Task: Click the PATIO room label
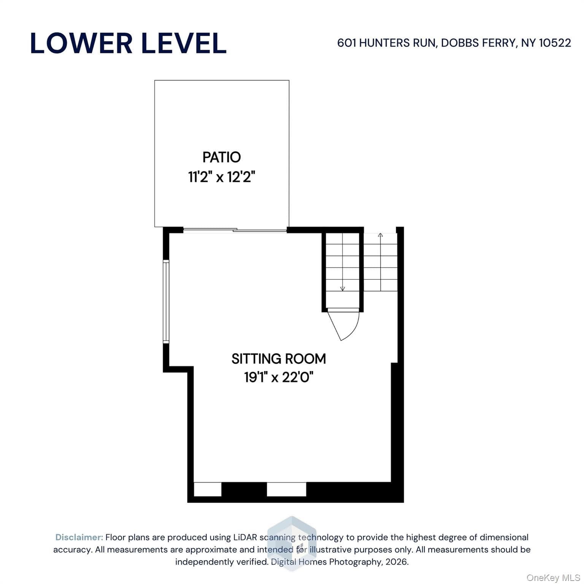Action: click(222, 157)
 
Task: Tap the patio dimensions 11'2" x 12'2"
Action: click(222, 177)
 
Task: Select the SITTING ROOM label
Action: click(279, 359)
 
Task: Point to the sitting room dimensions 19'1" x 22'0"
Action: click(279, 377)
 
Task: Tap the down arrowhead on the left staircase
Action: click(343, 289)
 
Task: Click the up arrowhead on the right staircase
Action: click(381, 235)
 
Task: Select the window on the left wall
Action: click(166, 302)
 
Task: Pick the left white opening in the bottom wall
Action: click(208, 489)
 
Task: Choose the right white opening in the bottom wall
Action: click(286, 489)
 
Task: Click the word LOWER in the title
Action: click(81, 43)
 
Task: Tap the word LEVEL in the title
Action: click(184, 43)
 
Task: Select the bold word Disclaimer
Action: click(79, 537)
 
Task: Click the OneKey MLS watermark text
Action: click(553, 578)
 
